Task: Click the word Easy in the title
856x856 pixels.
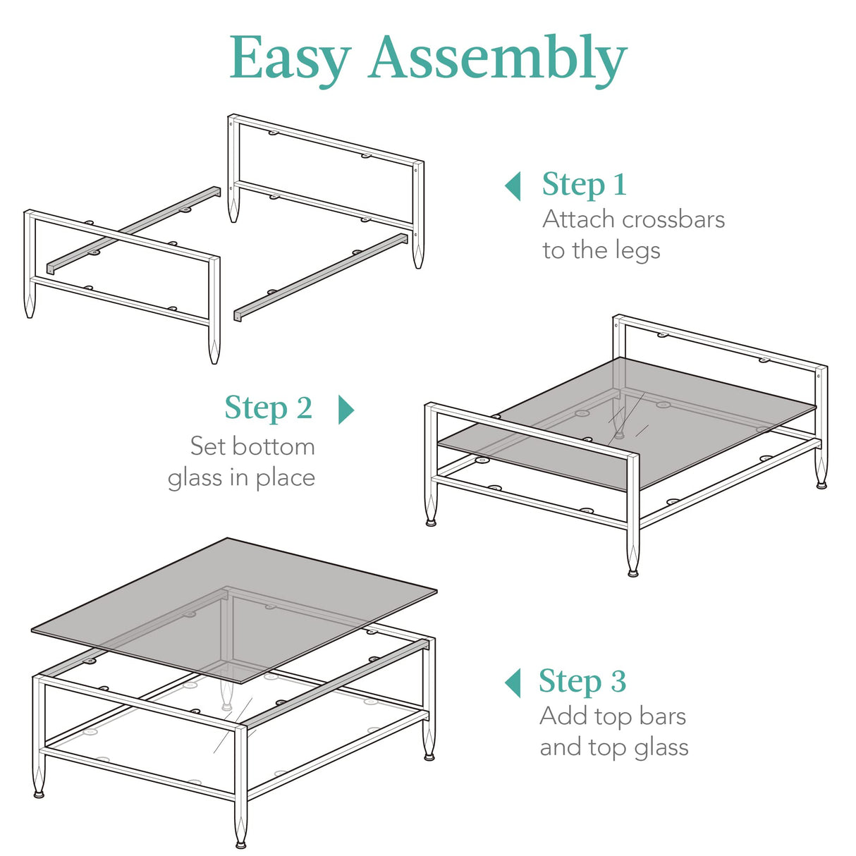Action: pyautogui.click(x=290, y=58)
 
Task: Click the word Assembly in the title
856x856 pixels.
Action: pyautogui.click(x=497, y=58)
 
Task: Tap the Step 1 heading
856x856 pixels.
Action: pyautogui.click(x=584, y=185)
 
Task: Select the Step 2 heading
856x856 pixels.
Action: pyautogui.click(x=268, y=408)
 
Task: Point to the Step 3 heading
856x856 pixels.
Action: pyautogui.click(x=582, y=681)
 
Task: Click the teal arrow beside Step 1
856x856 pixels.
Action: pyautogui.click(x=513, y=186)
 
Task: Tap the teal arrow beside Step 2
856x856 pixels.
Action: pyautogui.click(x=346, y=409)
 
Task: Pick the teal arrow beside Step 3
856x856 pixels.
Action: pyautogui.click(x=513, y=683)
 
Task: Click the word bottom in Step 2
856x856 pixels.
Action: pyautogui.click(x=274, y=446)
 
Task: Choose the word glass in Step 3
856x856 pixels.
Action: pyautogui.click(x=661, y=748)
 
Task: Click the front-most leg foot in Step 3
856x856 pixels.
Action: pyautogui.click(x=241, y=843)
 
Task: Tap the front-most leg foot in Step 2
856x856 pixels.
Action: pyautogui.click(x=633, y=572)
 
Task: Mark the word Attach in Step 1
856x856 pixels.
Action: pyautogui.click(x=578, y=219)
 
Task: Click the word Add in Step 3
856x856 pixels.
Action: pyautogui.click(x=563, y=716)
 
